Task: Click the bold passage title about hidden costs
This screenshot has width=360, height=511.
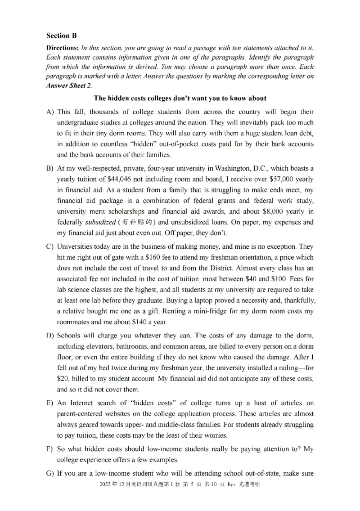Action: tap(180, 98)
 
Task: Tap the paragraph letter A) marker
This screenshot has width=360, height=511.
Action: tap(50, 112)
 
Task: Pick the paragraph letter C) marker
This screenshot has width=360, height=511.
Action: tap(50, 247)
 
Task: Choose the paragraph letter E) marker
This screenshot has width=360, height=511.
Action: tap(50, 403)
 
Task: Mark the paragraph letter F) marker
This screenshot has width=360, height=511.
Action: tap(50, 449)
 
